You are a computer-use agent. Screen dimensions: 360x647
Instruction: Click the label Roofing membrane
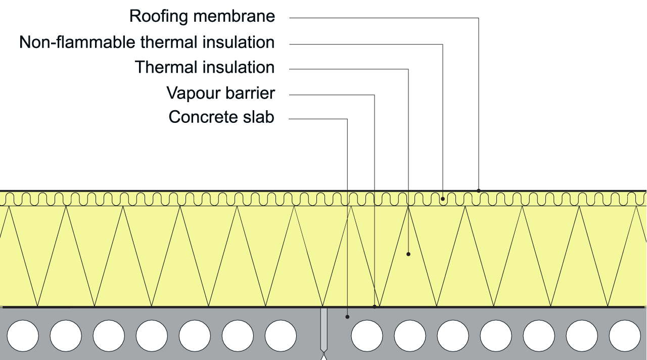(202, 16)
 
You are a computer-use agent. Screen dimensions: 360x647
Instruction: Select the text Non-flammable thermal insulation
(147, 42)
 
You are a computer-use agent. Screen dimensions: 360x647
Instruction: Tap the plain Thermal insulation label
(205, 67)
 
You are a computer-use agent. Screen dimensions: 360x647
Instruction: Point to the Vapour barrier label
(221, 93)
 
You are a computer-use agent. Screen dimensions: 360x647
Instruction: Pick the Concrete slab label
(221, 117)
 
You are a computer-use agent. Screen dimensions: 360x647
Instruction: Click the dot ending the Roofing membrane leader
(479, 191)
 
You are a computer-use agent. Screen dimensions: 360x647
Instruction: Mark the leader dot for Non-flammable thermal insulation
(443, 199)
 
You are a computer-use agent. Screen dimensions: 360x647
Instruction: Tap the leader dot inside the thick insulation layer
(408, 254)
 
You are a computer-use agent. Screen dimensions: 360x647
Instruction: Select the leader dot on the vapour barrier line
(375, 306)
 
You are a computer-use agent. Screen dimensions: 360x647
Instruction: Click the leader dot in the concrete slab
(347, 317)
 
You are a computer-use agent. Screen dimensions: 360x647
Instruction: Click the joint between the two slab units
(323, 329)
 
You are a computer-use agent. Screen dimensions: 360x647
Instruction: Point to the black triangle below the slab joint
(323, 356)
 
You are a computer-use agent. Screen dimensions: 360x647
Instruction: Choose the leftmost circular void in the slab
(23, 336)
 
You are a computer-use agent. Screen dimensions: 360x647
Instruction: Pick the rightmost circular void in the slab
(625, 336)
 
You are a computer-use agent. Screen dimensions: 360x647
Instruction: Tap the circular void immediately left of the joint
(281, 336)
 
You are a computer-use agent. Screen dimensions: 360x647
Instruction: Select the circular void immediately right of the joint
(367, 336)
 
